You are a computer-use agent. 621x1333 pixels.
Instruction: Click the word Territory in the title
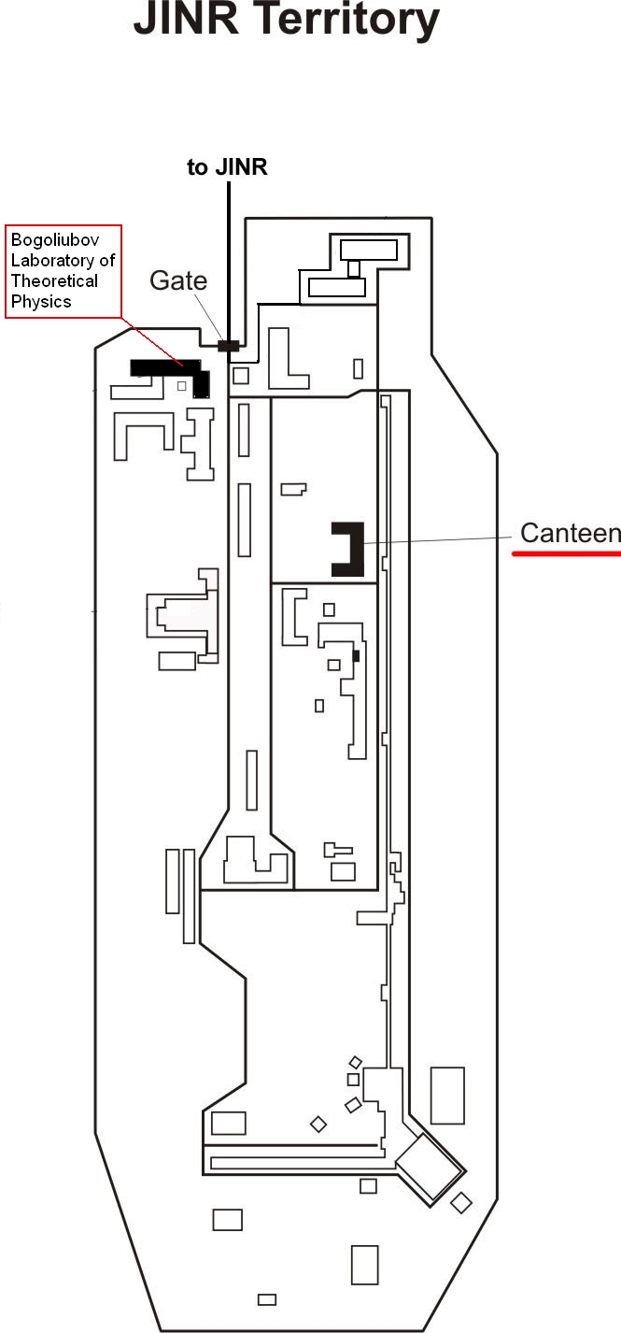pos(347,21)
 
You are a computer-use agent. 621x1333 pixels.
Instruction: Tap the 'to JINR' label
pos(227,167)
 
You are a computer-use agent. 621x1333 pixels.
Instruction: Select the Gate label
pos(178,280)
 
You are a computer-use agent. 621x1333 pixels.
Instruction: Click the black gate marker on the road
pos(228,345)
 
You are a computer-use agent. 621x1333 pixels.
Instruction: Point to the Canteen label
pos(571,533)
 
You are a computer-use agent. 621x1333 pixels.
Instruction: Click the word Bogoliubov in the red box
pos(55,240)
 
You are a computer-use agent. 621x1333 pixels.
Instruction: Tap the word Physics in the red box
pos(41,302)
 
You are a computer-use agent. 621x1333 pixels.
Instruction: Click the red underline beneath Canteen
pos(566,553)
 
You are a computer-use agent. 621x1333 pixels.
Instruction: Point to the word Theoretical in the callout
pos(54,280)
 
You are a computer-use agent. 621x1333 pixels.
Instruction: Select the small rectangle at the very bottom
pos(267,1299)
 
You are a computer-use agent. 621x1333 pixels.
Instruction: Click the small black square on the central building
pos(356,656)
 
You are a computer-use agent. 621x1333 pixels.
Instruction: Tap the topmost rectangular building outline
pos(369,250)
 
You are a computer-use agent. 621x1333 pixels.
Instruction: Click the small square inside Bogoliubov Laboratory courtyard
pos(182,386)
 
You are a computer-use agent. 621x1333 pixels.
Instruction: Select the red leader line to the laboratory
pos(153,342)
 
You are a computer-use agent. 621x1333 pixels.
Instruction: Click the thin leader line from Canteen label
pos(437,540)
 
